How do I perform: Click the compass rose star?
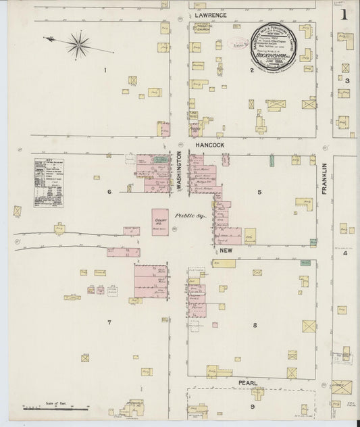(x=78, y=45)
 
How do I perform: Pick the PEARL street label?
(x=247, y=383)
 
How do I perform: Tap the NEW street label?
(x=226, y=251)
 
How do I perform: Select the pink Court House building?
(x=161, y=221)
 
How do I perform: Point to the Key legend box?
(x=48, y=182)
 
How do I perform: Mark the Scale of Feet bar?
(x=57, y=407)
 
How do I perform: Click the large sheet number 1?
(x=344, y=14)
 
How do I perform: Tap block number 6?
(x=109, y=192)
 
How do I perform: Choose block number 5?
(x=259, y=192)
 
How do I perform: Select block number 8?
(x=255, y=326)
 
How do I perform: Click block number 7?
(x=109, y=322)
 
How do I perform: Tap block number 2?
(x=252, y=70)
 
